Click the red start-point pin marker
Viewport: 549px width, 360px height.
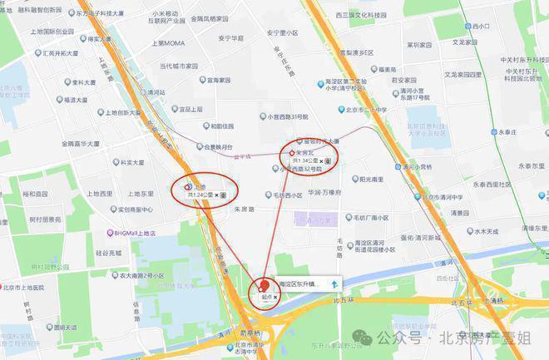[x=265, y=285]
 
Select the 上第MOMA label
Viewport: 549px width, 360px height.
[x=166, y=42]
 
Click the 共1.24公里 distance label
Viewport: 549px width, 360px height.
[x=200, y=195]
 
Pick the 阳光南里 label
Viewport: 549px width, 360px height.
[x=370, y=179]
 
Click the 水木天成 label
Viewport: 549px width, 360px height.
[x=482, y=232]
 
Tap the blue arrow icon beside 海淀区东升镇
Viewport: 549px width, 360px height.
[x=334, y=284]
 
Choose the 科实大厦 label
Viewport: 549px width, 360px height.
[x=132, y=163]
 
